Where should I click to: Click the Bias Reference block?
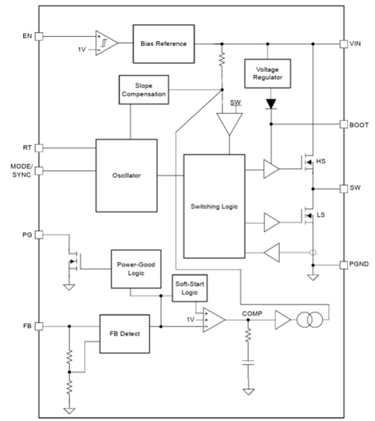(163, 44)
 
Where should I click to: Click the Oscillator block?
(126, 175)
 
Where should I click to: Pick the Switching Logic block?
(214, 206)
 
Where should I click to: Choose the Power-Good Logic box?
(135, 269)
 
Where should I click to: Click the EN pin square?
(39, 36)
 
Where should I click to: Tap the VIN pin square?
(343, 44)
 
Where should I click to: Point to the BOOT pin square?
(343, 124)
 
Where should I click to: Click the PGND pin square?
(343, 265)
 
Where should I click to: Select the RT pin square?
(39, 148)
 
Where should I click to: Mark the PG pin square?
(39, 234)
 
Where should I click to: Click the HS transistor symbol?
(308, 162)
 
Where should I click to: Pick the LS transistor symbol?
(308, 215)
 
